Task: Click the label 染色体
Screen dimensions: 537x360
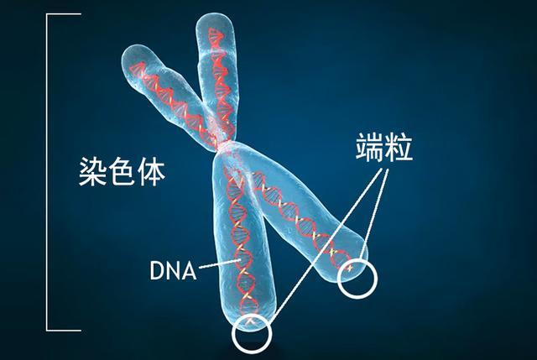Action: [x=122, y=171]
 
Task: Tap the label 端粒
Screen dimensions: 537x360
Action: [x=384, y=148]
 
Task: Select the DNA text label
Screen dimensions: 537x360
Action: [x=174, y=270]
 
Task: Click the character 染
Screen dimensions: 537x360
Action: [x=93, y=171]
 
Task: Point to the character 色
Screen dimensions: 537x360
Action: [x=122, y=171]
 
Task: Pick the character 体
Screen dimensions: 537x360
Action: [x=151, y=171]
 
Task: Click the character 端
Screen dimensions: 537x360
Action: [x=369, y=148]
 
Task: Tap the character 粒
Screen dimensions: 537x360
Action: [x=399, y=148]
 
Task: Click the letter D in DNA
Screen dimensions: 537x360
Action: [x=157, y=270]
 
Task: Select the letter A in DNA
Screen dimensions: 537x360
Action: [x=189, y=270]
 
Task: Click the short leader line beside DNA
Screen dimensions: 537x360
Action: [x=220, y=263]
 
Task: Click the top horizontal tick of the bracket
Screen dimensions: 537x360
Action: [x=64, y=14]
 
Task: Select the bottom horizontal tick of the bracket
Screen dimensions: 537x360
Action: [x=64, y=331]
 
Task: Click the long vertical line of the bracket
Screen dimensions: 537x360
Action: [x=47, y=172]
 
